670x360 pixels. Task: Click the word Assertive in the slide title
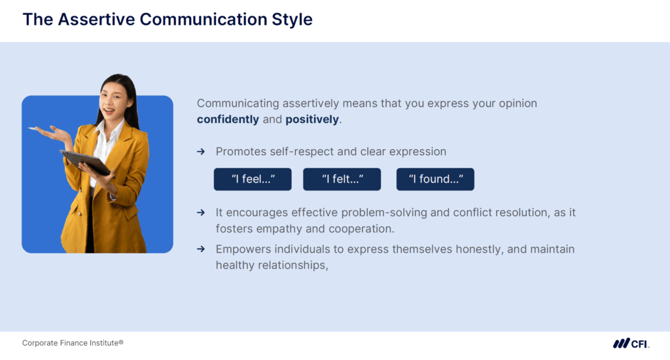click(96, 20)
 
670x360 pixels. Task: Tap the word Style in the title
click(290, 20)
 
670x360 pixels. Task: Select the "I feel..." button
click(253, 179)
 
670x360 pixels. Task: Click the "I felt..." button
click(342, 179)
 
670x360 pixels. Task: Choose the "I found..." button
click(435, 179)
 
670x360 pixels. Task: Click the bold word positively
click(312, 120)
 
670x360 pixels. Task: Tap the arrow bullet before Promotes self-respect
click(202, 152)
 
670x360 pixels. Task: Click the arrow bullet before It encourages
click(202, 213)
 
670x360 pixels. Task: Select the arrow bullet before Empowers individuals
click(202, 250)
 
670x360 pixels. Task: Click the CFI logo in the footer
click(631, 344)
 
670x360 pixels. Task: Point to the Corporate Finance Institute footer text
click(73, 343)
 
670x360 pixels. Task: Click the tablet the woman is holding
click(85, 161)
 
